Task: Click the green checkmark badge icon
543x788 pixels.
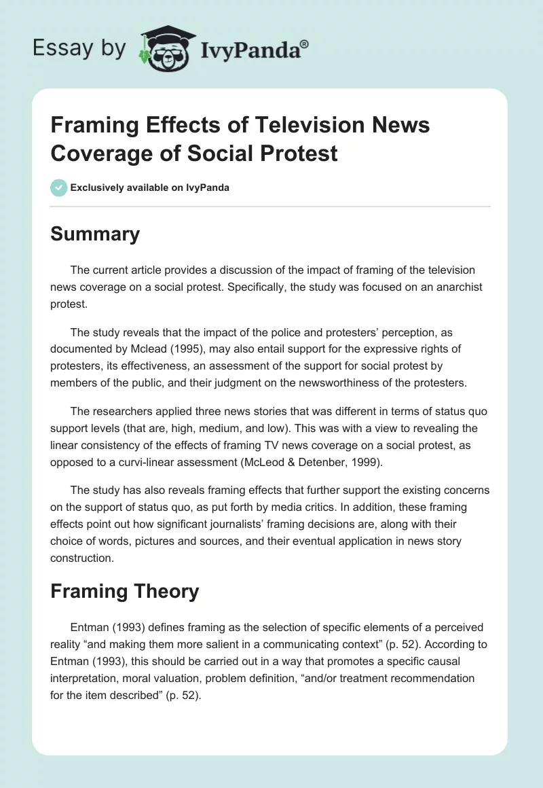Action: pos(59,187)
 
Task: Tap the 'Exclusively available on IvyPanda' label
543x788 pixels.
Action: pos(150,187)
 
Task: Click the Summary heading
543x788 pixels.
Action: pos(95,234)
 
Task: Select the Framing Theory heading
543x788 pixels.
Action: pos(124,590)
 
